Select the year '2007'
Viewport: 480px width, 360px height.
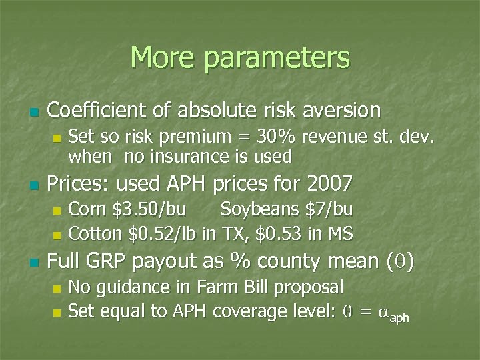pyautogui.click(x=328, y=182)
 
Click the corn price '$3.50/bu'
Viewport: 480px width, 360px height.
pyautogui.click(x=142, y=209)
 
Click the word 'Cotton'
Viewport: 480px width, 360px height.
pyautogui.click(x=91, y=233)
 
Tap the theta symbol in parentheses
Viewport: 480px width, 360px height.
pyautogui.click(x=400, y=262)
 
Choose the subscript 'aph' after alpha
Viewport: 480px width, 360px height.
pyautogui.click(x=399, y=317)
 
